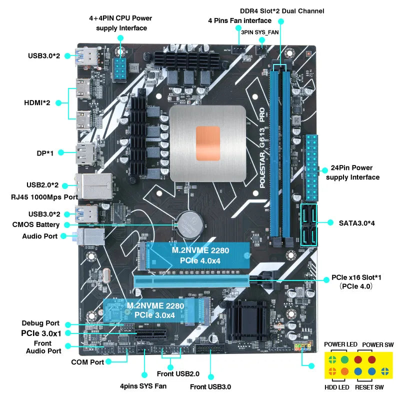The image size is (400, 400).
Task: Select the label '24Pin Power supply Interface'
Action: click(x=352, y=172)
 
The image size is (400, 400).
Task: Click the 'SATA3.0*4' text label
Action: click(x=356, y=222)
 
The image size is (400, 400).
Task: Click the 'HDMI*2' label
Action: click(x=36, y=102)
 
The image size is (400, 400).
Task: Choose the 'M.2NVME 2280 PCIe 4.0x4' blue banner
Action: click(x=195, y=255)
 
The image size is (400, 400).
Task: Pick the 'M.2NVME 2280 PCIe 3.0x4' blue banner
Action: click(x=151, y=310)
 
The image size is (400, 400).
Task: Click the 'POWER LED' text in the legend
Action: click(x=340, y=344)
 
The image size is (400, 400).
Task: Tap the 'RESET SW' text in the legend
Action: click(x=369, y=387)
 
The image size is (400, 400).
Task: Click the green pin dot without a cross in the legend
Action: click(x=344, y=359)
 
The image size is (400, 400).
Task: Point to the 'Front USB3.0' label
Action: click(x=210, y=386)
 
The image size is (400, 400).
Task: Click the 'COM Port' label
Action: click(x=87, y=362)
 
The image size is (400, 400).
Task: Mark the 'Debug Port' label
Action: click(x=40, y=323)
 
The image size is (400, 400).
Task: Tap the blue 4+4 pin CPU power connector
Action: click(x=120, y=69)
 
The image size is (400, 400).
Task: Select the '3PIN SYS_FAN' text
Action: click(x=259, y=32)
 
